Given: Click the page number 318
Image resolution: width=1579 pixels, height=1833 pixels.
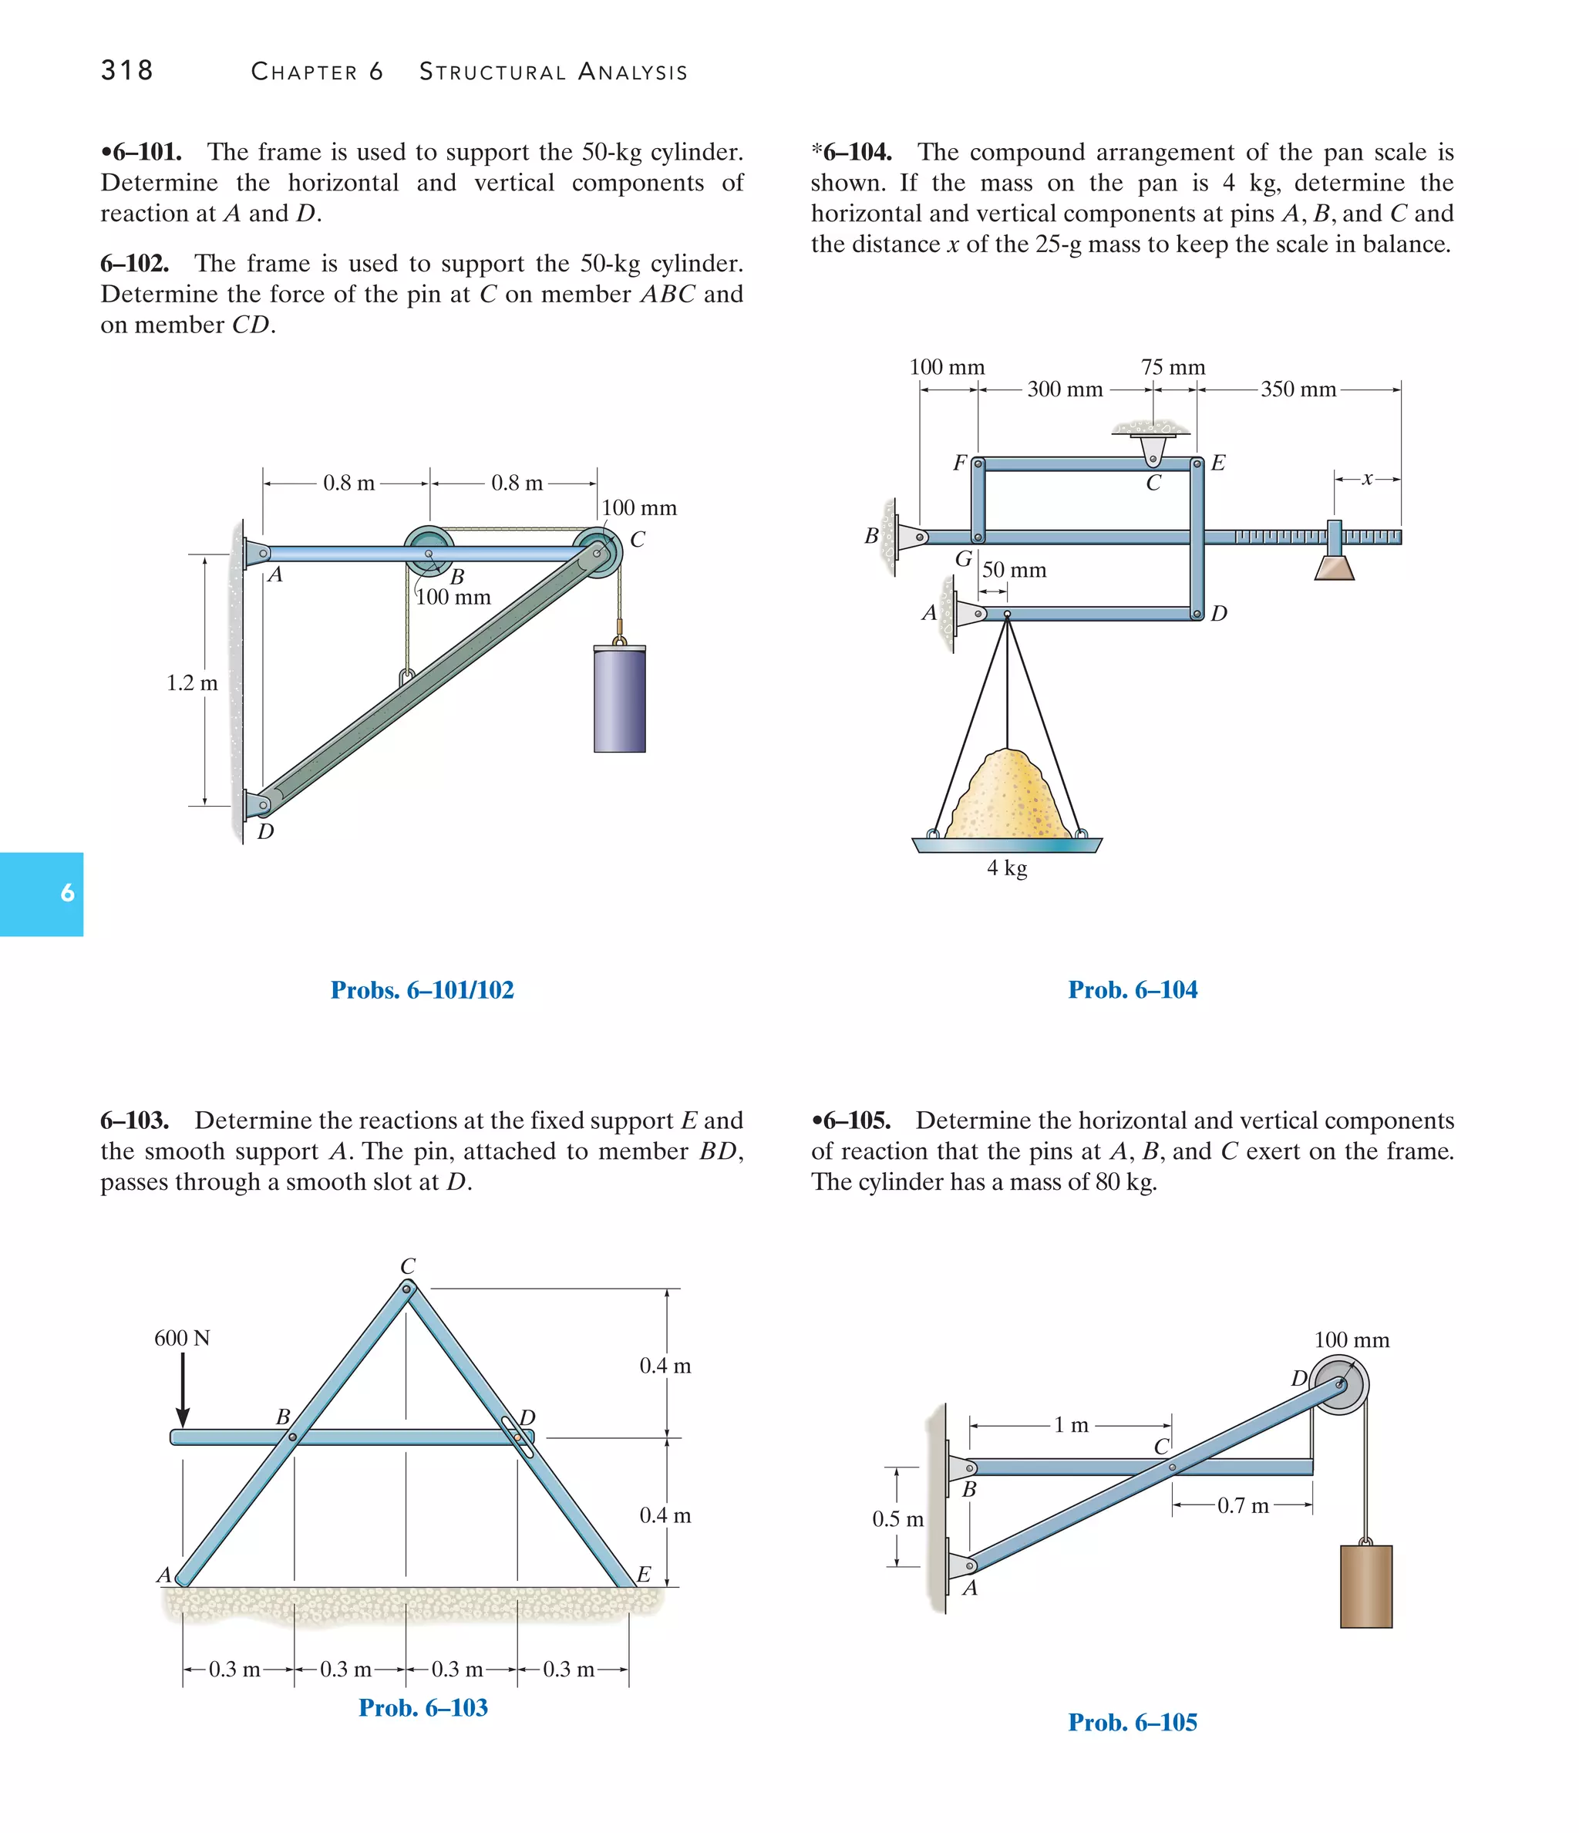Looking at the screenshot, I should tap(126, 70).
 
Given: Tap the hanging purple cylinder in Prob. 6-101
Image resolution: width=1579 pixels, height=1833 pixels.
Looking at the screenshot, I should tap(619, 698).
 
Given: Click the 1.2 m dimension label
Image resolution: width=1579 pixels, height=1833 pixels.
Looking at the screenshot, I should tap(192, 683).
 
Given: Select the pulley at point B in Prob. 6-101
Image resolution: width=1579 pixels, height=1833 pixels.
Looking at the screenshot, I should tap(429, 554).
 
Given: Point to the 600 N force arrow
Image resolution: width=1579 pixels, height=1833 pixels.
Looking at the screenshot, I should tap(182, 1389).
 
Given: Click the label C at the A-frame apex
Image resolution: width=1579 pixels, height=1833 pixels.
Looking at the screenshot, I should tap(408, 1266).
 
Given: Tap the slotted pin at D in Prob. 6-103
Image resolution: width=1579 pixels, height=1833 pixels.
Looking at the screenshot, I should tap(517, 1437).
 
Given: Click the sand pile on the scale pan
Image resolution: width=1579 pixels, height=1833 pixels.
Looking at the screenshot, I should tap(1008, 796).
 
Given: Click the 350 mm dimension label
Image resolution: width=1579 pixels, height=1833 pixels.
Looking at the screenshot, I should tap(1298, 389).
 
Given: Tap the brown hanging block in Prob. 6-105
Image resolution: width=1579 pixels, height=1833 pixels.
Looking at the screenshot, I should tap(1365, 1586).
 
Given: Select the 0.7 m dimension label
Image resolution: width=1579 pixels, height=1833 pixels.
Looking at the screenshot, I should tap(1243, 1506).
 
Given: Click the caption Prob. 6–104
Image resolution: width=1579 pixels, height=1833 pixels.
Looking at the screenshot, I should tap(1133, 990).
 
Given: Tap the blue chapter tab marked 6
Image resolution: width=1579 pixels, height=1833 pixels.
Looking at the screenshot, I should tap(42, 894).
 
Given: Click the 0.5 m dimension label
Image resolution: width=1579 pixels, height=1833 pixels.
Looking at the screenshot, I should tap(898, 1519).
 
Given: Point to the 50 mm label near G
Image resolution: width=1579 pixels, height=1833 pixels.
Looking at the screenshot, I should tap(1014, 571).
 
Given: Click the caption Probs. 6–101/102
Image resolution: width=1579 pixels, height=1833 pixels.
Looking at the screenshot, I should tap(422, 990).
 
